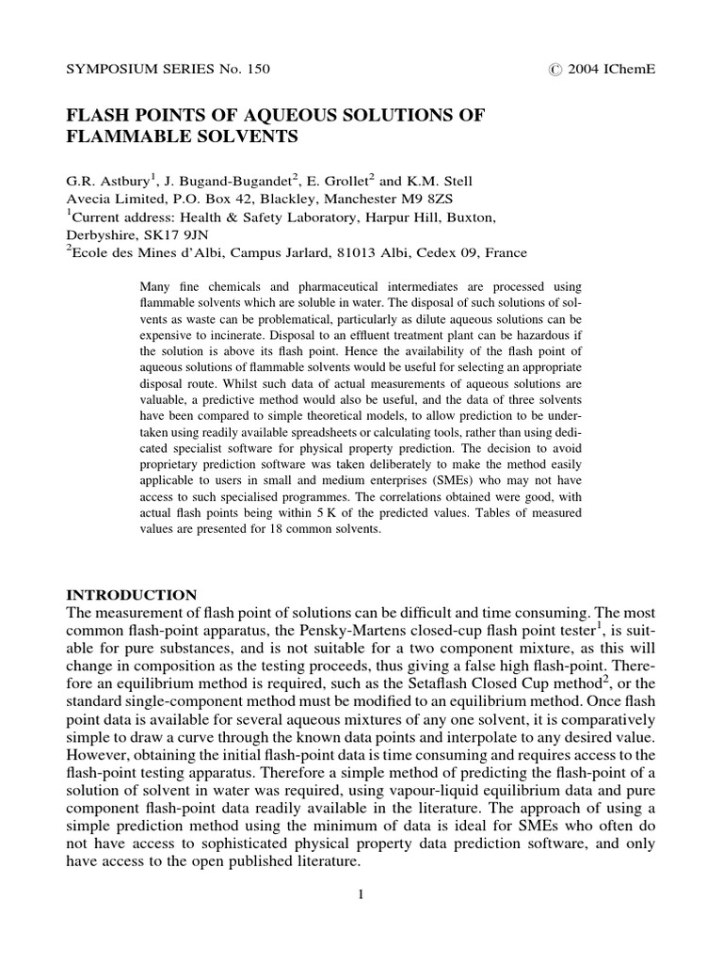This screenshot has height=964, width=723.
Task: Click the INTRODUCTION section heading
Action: click(132, 595)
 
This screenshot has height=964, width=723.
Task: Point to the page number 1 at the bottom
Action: click(361, 893)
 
